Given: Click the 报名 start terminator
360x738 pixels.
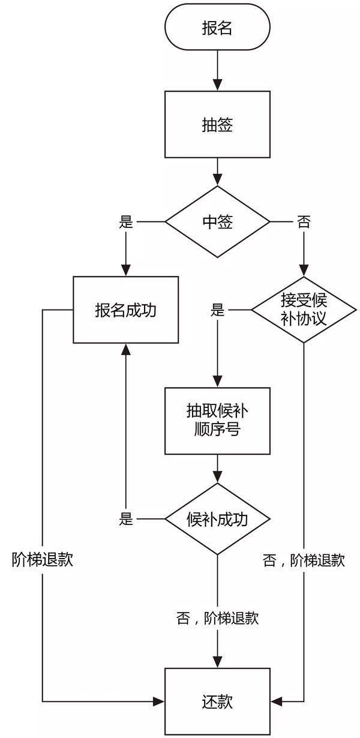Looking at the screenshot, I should coord(217,28).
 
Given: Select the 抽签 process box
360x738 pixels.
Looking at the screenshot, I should coord(217,124).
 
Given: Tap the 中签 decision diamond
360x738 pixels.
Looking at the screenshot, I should coord(217,221).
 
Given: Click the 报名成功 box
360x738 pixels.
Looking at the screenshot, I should coord(126,310).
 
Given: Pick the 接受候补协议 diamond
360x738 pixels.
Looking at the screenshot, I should coord(304,310).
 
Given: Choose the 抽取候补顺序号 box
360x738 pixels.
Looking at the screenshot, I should coord(217,420).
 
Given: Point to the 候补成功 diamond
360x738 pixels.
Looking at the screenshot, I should coord(217,519).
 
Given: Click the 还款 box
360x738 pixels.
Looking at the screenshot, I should coord(217,701).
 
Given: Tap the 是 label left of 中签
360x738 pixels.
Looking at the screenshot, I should coord(126,221).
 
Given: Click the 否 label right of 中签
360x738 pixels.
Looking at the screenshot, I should coord(304,221).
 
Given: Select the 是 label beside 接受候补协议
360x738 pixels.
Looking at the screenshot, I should coord(217,310).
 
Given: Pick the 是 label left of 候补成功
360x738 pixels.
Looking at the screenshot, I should coord(126,519).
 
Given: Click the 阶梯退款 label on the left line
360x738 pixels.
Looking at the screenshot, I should coord(43,560).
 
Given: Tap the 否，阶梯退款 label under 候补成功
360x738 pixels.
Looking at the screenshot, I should coord(217,618).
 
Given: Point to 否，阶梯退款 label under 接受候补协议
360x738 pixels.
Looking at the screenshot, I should coord(304,560).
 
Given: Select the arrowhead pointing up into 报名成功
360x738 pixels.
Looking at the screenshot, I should coord(126,350).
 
